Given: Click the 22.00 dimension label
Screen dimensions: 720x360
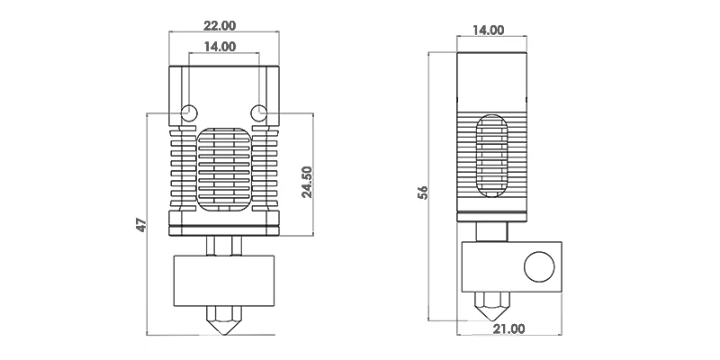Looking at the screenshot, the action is (220, 26).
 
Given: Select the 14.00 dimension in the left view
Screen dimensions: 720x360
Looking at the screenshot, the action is (220, 47).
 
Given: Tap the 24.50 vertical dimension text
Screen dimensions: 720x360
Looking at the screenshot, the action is (307, 182).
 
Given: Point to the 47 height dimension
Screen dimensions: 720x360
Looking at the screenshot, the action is (142, 224).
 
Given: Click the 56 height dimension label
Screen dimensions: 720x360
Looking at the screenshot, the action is (423, 193).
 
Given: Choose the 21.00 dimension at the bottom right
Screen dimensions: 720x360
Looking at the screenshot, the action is (508, 328).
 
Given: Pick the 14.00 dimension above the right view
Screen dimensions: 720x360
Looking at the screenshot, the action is (488, 31).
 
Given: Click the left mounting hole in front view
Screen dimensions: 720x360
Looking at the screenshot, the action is (189, 112).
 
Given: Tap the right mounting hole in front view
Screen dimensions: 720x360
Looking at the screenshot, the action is (259, 112).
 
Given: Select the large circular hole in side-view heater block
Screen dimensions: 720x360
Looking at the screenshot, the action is (539, 266).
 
